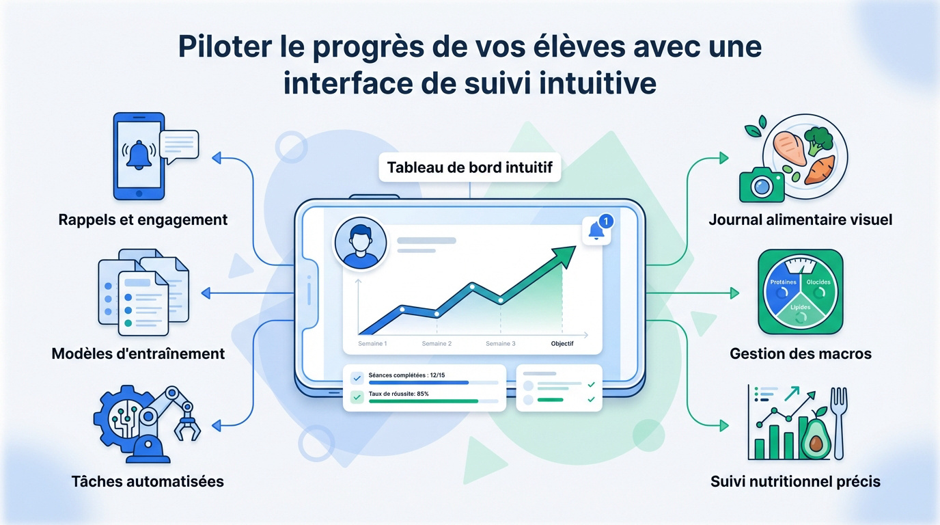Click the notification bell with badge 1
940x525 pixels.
tap(596, 231)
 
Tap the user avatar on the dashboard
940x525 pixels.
tap(359, 245)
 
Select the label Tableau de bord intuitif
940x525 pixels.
tap(469, 167)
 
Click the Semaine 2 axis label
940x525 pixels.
tap(437, 344)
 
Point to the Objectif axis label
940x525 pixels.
tap(562, 344)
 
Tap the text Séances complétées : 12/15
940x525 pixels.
tap(406, 375)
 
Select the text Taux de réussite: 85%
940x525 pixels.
tap(398, 394)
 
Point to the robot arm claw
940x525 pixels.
tap(184, 427)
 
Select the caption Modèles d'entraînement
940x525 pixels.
tap(138, 354)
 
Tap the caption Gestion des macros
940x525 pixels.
tap(801, 354)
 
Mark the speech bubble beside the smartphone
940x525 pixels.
tap(178, 145)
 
